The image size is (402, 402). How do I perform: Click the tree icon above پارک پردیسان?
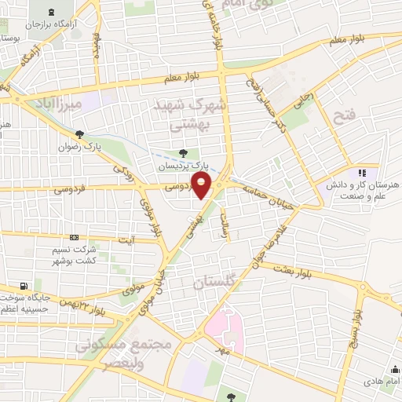coord(183,154)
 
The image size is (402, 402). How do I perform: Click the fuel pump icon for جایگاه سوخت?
coord(23,285)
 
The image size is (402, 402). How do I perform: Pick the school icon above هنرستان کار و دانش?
coord(362,172)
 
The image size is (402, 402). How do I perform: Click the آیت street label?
coord(126,239)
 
